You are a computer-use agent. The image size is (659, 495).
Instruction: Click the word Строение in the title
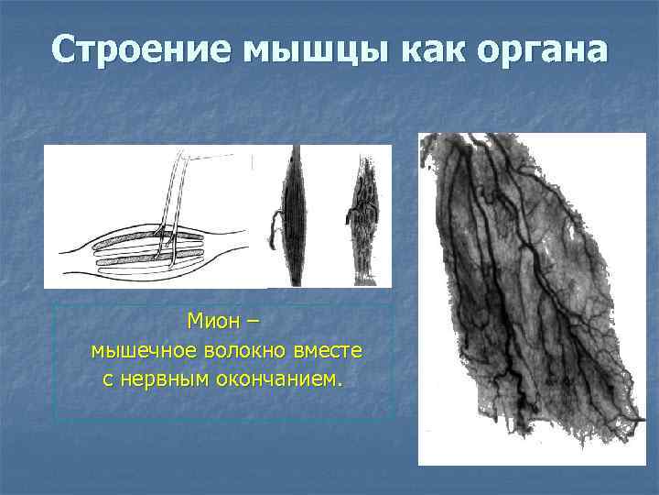[x=142, y=50]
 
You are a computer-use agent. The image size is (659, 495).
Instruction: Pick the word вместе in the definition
[x=329, y=350]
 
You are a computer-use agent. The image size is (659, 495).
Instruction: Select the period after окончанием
[x=341, y=384]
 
